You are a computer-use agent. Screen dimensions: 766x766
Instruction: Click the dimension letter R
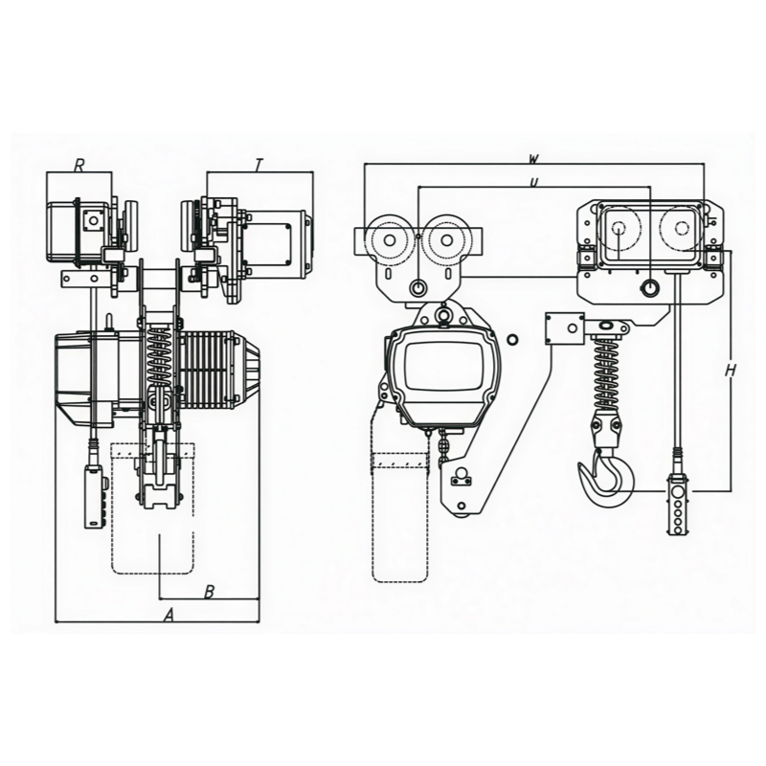click(x=79, y=165)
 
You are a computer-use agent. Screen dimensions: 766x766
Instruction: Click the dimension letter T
click(x=259, y=165)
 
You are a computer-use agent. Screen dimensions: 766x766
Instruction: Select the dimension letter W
click(x=534, y=158)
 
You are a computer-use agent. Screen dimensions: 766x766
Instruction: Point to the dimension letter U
click(x=534, y=182)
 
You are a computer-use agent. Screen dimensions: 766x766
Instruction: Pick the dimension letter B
click(x=209, y=592)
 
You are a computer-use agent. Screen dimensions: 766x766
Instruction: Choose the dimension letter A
click(x=169, y=615)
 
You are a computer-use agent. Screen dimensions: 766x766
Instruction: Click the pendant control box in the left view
click(x=93, y=497)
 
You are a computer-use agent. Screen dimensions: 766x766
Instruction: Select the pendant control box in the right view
click(x=678, y=505)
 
